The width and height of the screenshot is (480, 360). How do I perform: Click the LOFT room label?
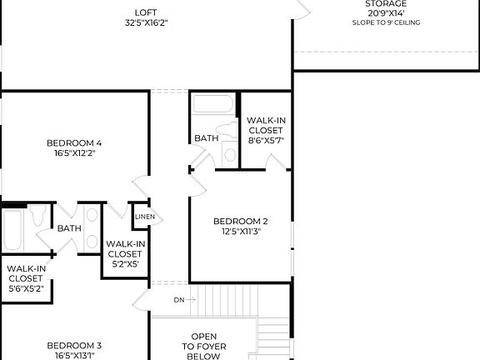pos(145,12)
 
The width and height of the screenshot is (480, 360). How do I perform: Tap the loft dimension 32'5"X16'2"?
pos(145,22)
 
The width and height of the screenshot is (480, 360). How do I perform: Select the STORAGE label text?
pos(386,4)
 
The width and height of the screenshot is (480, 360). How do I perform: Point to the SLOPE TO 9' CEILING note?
pos(386,22)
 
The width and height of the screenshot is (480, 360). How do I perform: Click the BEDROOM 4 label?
pos(74,142)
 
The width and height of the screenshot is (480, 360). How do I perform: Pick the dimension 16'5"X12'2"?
pos(74,152)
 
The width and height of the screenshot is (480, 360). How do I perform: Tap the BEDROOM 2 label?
pos(241,221)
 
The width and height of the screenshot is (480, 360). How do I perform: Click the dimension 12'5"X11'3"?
pos(241,231)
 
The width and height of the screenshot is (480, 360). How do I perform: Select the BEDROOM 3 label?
pos(74,345)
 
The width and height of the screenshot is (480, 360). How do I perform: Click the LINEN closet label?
pos(143,217)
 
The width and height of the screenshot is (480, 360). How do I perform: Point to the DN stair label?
pos(178,299)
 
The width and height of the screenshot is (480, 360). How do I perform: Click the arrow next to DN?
pos(191,299)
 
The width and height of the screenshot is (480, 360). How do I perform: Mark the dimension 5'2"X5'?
pos(124,263)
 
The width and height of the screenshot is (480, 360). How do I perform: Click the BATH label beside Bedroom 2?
pos(206,138)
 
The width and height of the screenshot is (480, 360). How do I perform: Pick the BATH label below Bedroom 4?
pos(69,228)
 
